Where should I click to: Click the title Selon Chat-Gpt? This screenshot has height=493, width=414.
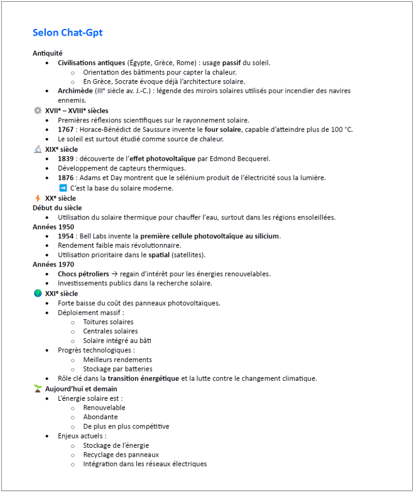(67, 33)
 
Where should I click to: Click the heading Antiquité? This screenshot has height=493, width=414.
(48, 53)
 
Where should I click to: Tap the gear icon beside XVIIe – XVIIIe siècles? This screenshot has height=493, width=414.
(38, 111)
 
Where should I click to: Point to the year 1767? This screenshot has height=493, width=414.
(66, 129)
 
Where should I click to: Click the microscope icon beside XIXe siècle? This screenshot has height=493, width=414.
(38, 149)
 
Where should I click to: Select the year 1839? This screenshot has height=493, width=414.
(66, 159)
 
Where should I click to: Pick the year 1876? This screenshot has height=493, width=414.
(66, 178)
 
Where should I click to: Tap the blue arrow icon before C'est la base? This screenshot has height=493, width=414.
(63, 188)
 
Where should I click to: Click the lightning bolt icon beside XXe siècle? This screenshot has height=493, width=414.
(38, 198)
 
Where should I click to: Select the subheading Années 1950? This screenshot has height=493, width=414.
(53, 226)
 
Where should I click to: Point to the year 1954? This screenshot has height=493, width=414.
(66, 236)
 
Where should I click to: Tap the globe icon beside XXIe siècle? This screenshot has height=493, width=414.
(38, 294)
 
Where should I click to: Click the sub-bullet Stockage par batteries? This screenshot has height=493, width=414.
(117, 369)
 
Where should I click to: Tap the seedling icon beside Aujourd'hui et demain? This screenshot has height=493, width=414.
(38, 389)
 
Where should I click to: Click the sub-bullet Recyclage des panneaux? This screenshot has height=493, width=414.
(121, 455)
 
